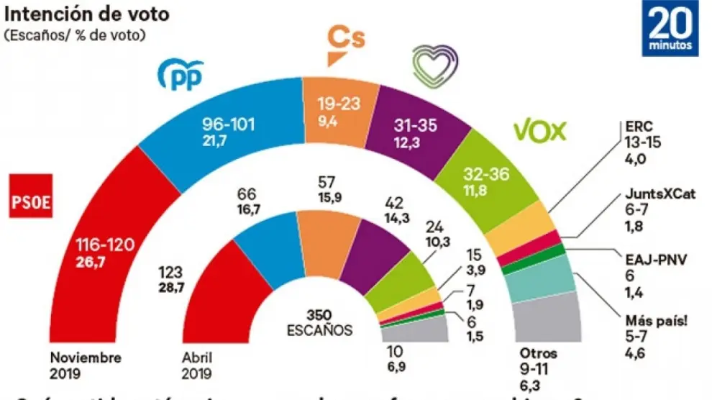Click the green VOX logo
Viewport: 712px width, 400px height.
coord(539,130)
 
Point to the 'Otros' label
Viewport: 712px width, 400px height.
coord(537,354)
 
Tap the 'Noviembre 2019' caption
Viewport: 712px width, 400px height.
coord(86,364)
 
